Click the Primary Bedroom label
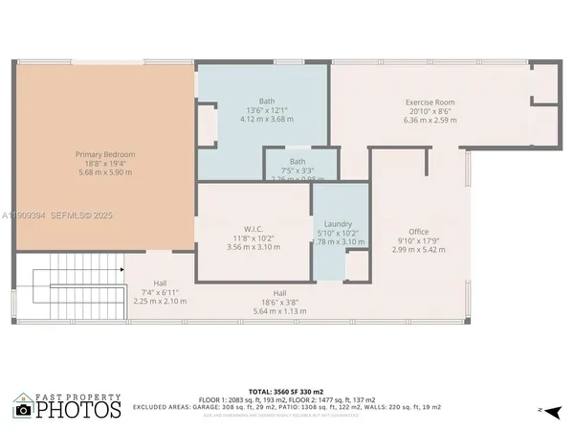click(x=105, y=154)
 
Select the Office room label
click(x=418, y=232)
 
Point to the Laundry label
click(x=339, y=223)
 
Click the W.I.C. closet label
click(x=254, y=228)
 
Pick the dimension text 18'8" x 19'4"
click(x=105, y=164)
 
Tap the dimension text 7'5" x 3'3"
click(x=298, y=170)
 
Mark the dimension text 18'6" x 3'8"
click(x=280, y=302)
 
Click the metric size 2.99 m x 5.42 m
click(x=418, y=249)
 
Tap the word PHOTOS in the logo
click(x=86, y=410)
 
